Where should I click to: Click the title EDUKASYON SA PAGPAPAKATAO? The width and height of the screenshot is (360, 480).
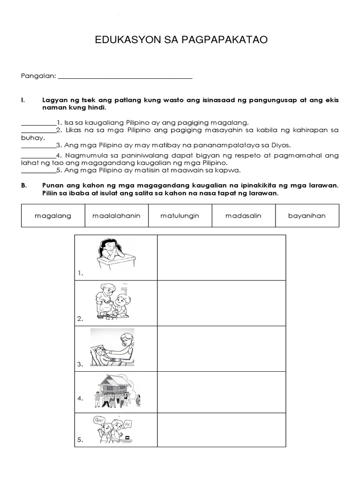(181, 40)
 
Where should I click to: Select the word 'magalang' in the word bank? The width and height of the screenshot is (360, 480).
(53, 216)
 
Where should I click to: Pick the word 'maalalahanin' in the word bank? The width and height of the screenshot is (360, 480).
(117, 216)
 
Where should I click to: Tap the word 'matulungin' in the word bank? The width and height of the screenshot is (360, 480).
(180, 216)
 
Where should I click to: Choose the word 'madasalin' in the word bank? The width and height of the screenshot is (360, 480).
(243, 216)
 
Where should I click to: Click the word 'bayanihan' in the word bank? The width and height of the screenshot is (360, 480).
(307, 216)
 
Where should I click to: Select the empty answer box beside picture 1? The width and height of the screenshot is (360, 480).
(221, 258)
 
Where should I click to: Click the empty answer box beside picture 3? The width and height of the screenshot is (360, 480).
(221, 349)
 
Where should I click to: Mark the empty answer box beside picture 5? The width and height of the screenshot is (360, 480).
(221, 430)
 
